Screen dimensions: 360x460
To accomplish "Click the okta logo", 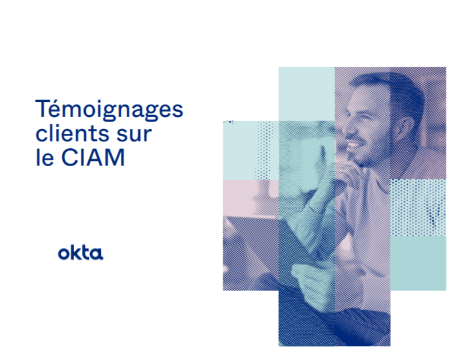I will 80,253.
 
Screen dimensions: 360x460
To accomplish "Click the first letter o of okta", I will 64,254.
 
